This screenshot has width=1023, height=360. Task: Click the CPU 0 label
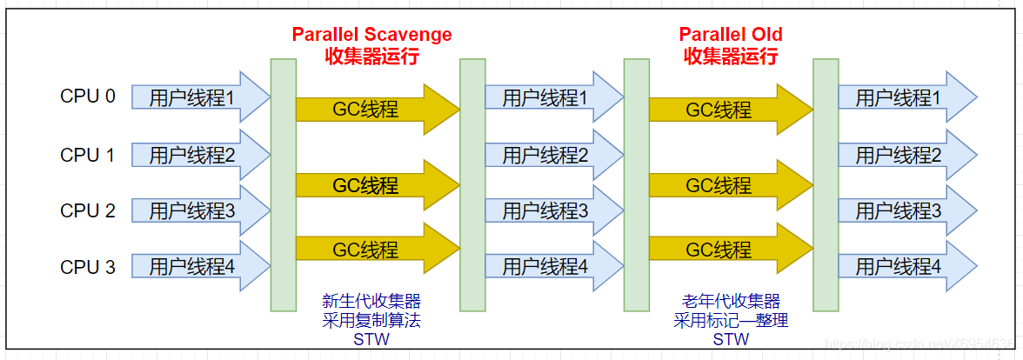point(87,96)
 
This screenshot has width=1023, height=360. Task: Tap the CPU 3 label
point(87,267)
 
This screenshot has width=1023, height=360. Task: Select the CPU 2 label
point(87,210)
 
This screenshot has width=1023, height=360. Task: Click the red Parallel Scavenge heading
point(371,35)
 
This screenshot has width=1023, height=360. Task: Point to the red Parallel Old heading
point(731,35)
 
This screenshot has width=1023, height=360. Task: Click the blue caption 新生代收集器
point(371,302)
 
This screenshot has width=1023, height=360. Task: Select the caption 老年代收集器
point(731,302)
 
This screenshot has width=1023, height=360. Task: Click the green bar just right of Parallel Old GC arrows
point(826,184)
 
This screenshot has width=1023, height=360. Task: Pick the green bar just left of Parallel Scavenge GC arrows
point(283,184)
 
